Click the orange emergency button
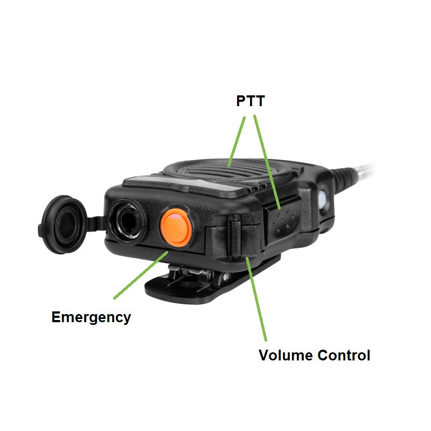pos(176,227)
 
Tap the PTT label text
pos(251,101)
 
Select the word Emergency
pos(91,317)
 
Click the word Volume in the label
pos(286,355)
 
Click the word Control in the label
pos(344,355)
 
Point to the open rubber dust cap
pos(62,224)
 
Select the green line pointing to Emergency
pos(141,275)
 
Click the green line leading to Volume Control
pos(256,299)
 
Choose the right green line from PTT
pos(267,162)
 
